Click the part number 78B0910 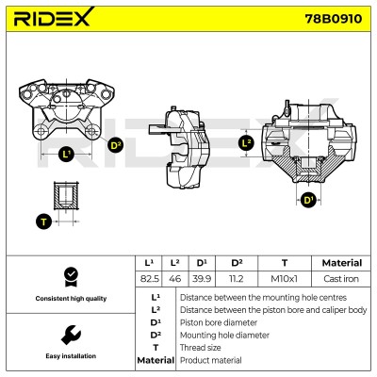(x=334, y=19)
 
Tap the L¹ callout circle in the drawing (x=66, y=154)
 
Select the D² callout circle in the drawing (x=115, y=145)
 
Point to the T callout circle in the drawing (x=43, y=221)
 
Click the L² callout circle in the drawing (x=247, y=143)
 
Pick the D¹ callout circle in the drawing (x=308, y=200)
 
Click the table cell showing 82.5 (x=150, y=279)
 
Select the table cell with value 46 (x=175, y=279)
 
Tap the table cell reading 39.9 (x=202, y=279)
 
